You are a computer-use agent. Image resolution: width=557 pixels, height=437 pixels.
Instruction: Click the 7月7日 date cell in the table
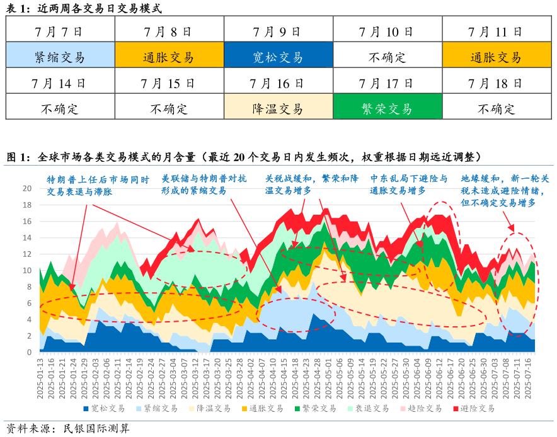tap(60, 31)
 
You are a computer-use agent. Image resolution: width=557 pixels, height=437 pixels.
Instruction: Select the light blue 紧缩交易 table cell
tap(60, 57)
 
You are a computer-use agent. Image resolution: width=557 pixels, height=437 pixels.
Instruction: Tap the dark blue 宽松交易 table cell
tap(278, 57)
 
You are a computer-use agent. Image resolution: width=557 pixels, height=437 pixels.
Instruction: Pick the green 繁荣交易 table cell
tap(387, 108)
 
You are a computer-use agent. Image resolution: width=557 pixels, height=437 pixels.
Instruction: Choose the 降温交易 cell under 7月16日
tap(278, 108)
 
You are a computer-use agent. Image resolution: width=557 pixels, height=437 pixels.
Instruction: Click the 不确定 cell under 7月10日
tap(387, 57)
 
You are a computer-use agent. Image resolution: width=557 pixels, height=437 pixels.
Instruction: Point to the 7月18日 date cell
tap(495, 82)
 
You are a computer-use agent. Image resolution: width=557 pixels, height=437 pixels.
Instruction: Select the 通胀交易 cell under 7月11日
tap(495, 57)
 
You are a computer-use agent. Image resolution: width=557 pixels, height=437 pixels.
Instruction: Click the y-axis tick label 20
tap(26, 188)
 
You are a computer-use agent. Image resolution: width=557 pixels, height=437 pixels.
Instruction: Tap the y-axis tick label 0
tap(29, 352)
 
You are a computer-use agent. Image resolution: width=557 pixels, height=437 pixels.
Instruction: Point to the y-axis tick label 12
tap(26, 254)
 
